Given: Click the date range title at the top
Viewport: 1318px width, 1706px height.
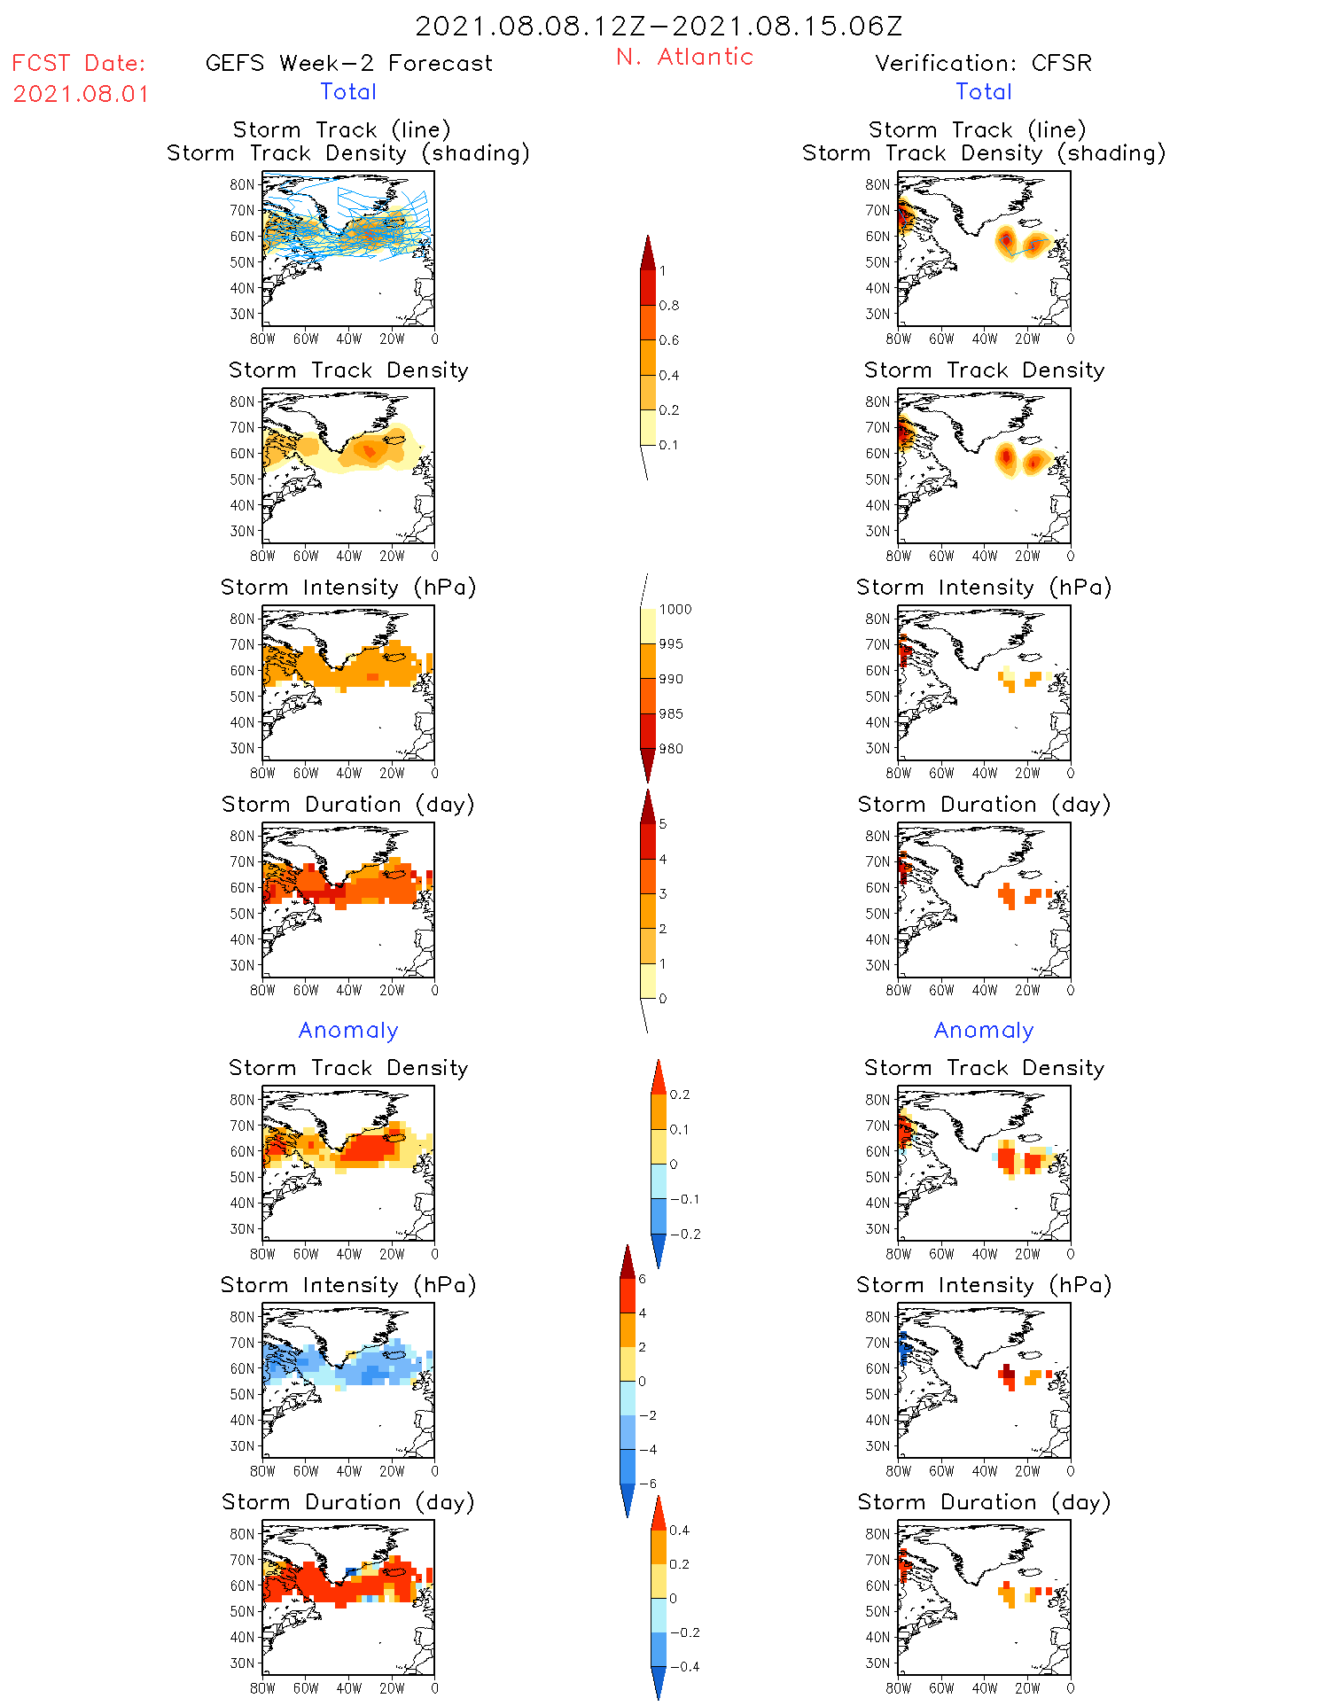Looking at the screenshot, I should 659,26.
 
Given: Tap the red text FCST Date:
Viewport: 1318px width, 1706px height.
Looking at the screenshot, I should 78,63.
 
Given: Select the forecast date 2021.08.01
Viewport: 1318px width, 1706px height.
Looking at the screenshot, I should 81,94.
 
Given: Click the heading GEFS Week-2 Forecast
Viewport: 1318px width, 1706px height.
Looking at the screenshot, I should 348,63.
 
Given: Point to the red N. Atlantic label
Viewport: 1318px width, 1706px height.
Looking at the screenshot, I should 684,57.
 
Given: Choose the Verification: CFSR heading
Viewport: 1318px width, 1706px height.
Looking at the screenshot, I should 983,63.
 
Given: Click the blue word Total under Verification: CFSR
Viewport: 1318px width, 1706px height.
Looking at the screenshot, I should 983,91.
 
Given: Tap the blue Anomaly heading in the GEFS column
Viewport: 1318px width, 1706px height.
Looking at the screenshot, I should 348,1030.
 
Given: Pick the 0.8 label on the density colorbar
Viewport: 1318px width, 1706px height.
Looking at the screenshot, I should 669,306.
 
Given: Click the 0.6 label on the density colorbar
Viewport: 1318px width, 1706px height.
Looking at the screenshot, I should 669,340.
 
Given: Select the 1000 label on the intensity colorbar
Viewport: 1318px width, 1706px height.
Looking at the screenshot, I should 675,609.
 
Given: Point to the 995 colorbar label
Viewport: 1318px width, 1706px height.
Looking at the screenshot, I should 671,644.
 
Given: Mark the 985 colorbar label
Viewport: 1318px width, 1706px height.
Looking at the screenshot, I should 671,713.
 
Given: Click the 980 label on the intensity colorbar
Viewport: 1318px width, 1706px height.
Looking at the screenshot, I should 671,749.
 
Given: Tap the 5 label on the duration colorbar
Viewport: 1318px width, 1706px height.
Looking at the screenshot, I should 663,824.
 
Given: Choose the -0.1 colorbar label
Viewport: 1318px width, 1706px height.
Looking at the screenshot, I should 683,1199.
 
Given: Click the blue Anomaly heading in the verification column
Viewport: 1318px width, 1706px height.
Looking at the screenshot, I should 983,1030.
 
